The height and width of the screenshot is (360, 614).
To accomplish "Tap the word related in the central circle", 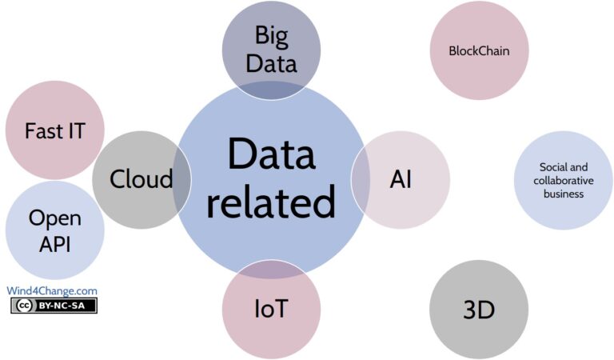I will pyautogui.click(x=269, y=202).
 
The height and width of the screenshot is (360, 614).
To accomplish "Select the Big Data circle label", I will pyautogui.click(x=271, y=49).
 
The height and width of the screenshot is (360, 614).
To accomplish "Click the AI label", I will pyautogui.click(x=401, y=179).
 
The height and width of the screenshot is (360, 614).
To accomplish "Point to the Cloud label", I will pyautogui.click(x=141, y=179).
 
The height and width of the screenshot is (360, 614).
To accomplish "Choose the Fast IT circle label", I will pyautogui.click(x=54, y=130).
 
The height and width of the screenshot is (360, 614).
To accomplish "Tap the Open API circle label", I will pyautogui.click(x=54, y=230).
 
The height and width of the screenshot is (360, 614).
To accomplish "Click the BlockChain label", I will pyautogui.click(x=480, y=50).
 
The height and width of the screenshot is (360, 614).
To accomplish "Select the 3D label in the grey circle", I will pyautogui.click(x=479, y=310).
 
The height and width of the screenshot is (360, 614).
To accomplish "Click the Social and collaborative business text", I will pyautogui.click(x=563, y=180).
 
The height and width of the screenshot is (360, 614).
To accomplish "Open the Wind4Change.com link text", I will pyautogui.click(x=52, y=291).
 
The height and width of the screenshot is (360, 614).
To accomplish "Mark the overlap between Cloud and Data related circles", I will pyautogui.click(x=182, y=179).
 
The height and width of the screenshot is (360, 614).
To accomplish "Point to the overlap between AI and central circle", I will pyautogui.click(x=361, y=179).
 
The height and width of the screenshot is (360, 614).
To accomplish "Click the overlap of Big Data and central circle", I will pyautogui.click(x=271, y=90).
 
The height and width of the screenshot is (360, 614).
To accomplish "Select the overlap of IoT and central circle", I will pyautogui.click(x=270, y=269).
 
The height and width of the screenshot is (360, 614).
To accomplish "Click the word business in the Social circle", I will pyautogui.click(x=563, y=194).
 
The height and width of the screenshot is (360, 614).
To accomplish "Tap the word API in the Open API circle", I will pyautogui.click(x=54, y=244).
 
